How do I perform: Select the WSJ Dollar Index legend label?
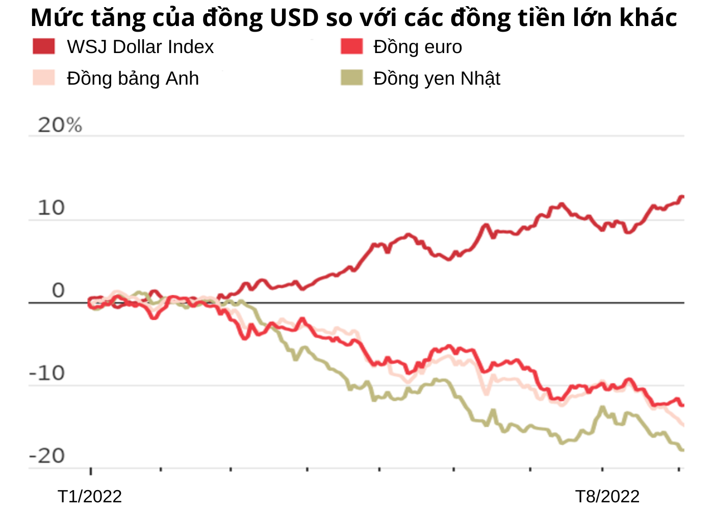pos(140,47)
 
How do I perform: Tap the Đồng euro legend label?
pos(418,47)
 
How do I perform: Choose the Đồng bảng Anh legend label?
pos(133,79)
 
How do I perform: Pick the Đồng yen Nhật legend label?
pos(437,79)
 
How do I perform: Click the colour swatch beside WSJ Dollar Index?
pos(44,47)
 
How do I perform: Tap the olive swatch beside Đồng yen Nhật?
pos(351,78)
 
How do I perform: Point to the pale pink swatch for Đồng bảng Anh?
pos(44,78)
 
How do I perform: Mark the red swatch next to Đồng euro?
pos(351,47)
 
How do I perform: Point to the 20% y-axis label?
pos(60,125)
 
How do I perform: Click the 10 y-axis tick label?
pos(51,208)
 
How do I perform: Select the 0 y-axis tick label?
pos(59,291)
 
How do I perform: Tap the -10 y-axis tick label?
pos(47,373)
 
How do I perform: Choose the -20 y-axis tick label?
pos(47,456)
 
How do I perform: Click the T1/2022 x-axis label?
pos(90,496)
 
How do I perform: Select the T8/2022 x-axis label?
pos(607,496)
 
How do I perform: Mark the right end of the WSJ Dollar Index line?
pos(682,197)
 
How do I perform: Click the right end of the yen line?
pos(682,450)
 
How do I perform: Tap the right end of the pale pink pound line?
pos(682,424)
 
